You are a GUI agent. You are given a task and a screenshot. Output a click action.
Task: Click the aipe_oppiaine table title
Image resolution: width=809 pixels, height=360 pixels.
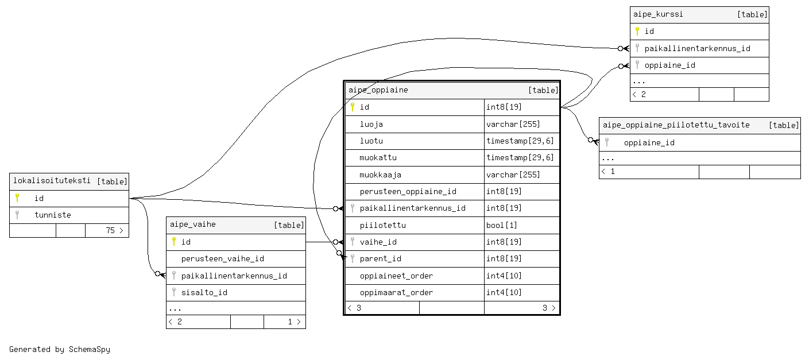point(378,90)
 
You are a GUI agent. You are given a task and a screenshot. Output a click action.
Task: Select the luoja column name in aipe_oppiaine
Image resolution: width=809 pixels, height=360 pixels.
point(371,124)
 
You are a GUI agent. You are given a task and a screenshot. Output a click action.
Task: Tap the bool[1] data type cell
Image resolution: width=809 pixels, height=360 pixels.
point(502,225)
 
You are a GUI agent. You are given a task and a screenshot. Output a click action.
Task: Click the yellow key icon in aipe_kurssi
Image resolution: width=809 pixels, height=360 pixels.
point(637,31)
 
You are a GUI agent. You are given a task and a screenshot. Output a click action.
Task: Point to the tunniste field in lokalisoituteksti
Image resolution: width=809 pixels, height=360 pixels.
point(53,215)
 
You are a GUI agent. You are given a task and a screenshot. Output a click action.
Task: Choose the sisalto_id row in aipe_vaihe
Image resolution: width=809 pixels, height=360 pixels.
point(204,292)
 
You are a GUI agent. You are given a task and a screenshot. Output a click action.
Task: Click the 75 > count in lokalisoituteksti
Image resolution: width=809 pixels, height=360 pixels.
point(114,230)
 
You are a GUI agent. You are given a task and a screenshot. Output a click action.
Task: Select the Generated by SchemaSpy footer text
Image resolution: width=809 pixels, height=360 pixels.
point(60,349)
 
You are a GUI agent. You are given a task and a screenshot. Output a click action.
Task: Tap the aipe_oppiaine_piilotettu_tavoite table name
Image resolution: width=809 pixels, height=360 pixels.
point(676,125)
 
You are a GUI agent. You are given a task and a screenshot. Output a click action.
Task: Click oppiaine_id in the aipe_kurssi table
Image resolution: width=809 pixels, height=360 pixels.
point(669,65)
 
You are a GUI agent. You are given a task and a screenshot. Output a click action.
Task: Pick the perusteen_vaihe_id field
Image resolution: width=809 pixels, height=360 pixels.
point(222,258)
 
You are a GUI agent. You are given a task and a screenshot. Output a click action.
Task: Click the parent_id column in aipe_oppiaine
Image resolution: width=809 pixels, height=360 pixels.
point(380,258)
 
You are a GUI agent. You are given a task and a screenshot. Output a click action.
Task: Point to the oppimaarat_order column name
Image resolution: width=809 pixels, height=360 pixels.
point(396,292)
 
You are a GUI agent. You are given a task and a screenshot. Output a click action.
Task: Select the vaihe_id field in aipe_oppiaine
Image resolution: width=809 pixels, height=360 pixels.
point(378,242)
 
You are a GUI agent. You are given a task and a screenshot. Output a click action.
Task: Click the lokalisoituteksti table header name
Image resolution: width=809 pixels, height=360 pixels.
point(52,180)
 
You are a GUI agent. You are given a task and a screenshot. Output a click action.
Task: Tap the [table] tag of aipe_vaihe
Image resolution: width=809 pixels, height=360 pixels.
point(289,225)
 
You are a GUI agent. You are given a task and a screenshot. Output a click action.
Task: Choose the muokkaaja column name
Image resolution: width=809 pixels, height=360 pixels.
point(380,175)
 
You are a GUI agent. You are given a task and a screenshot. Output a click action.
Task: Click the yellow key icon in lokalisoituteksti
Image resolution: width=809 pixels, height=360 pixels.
point(17,198)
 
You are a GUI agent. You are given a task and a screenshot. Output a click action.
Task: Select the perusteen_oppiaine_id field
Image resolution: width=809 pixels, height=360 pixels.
point(408,191)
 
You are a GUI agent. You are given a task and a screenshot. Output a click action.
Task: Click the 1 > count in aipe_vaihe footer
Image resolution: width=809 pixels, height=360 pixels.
point(294,322)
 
